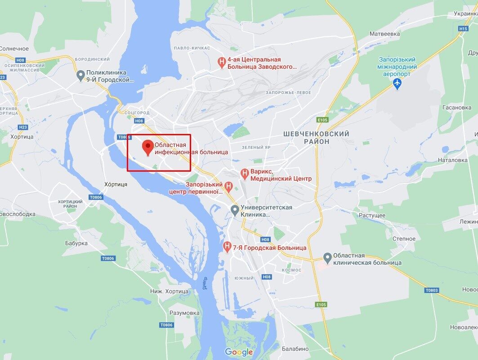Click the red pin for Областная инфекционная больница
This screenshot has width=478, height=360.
point(147,147)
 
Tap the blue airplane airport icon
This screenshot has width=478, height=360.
point(397,83)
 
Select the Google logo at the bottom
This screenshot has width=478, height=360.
point(239,352)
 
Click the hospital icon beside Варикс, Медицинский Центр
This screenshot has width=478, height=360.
point(245,173)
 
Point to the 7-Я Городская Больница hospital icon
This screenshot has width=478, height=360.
point(228,247)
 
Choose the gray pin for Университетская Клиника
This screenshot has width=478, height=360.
point(234,209)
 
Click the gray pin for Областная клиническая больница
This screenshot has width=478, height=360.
point(327,258)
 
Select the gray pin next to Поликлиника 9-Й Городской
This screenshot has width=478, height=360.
point(80,75)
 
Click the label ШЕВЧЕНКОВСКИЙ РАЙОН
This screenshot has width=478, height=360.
point(316,138)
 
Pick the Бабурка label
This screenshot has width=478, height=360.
point(76,243)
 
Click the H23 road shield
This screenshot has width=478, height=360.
point(23,127)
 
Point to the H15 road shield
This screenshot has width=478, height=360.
point(463,28)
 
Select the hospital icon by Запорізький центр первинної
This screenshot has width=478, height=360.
point(228,186)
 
